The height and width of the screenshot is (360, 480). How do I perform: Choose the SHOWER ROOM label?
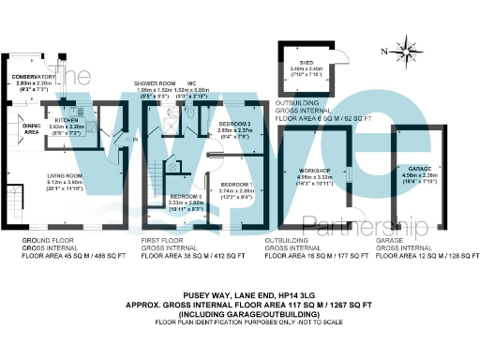click(157, 83)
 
